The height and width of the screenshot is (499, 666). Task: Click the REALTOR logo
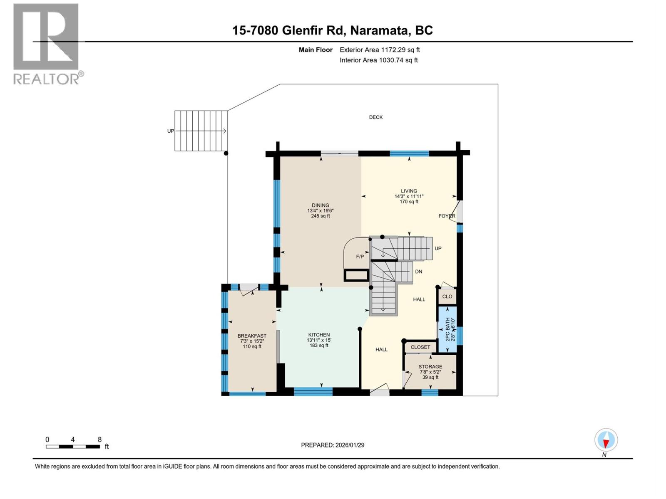point(46,44)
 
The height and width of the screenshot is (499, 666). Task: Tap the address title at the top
point(332,30)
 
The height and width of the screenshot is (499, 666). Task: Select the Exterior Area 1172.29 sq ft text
point(380,50)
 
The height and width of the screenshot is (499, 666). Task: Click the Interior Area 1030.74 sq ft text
point(378,60)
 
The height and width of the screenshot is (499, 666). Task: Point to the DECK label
point(375,117)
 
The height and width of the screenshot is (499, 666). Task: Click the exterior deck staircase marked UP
point(201,131)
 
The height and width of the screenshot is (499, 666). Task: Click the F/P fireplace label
point(360,257)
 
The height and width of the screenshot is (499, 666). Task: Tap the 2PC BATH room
point(447,329)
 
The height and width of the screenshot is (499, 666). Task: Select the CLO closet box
point(447,296)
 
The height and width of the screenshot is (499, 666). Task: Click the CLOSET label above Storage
point(420,347)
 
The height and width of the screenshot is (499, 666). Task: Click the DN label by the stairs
point(418,272)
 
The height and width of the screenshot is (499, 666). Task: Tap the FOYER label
point(447,216)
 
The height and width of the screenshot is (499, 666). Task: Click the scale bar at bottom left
point(73,447)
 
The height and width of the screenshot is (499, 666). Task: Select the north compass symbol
point(606,440)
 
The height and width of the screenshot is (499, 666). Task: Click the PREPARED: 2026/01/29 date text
point(333,445)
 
